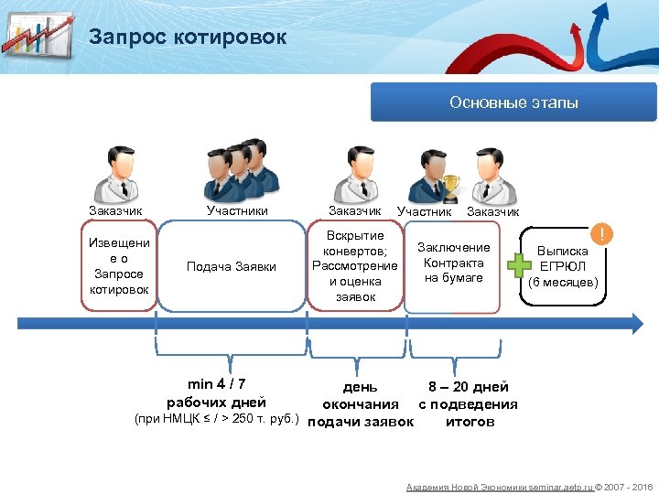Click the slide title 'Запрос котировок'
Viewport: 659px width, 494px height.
coord(188,38)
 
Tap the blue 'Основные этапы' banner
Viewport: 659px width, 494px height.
coord(513,102)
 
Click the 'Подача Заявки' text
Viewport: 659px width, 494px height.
coord(231,266)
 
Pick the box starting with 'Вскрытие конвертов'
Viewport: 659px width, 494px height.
coord(355,266)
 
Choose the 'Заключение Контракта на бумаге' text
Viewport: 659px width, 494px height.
coord(453,263)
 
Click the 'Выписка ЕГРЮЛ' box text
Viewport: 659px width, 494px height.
coord(563,266)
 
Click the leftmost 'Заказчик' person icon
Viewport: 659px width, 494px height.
coord(116,172)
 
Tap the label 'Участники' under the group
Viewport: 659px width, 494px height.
coord(237,211)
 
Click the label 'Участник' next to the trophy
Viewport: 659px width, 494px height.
coord(424,212)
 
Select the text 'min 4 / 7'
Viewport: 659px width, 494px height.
coord(216,384)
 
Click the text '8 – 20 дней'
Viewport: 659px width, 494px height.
coord(469,387)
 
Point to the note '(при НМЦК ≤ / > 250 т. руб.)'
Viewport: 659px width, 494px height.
coord(217,420)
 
